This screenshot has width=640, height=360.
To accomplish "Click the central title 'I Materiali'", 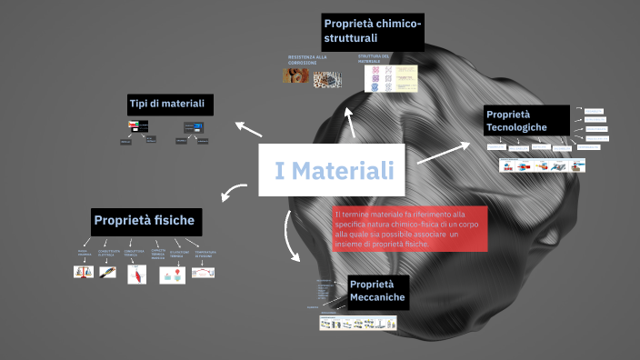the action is tap(334, 170).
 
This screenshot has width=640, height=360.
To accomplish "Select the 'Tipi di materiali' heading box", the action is tap(170, 105).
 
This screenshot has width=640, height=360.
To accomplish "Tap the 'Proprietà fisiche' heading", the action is tap(145, 221).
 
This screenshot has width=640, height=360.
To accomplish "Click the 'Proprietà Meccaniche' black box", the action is tap(377, 291).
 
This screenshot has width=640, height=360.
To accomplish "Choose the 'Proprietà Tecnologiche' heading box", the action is tap(526, 120).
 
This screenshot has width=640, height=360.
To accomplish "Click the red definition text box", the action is tap(410, 229).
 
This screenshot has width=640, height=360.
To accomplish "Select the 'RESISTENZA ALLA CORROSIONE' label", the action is tap(307, 59).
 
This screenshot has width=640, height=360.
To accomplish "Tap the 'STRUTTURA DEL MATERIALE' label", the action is tap(374, 59).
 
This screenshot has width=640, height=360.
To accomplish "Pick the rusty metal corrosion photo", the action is tap(295, 76).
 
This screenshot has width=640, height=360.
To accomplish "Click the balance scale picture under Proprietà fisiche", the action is tap(84, 272).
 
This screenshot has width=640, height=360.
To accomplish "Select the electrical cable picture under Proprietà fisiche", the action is tap(107, 272).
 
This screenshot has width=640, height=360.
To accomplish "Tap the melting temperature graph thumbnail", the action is tap(203, 272).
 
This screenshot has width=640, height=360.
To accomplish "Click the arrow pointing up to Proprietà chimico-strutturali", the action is tap(351, 122).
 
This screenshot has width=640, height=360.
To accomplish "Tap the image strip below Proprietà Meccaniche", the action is tap(358, 323).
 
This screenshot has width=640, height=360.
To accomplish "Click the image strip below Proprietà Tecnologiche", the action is tap(542, 165).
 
